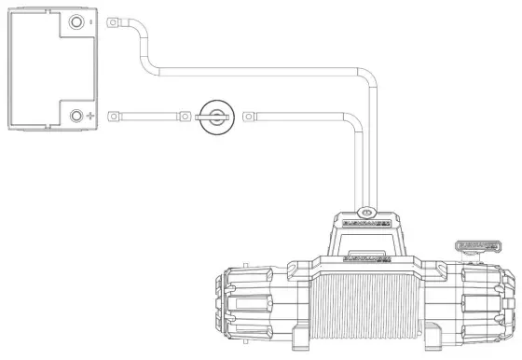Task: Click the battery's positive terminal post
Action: (76, 117)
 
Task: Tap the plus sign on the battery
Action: (90, 118)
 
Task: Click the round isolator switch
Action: (215, 118)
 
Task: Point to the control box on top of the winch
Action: (367, 233)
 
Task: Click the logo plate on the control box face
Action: (367, 224)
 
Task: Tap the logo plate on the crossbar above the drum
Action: (367, 255)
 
